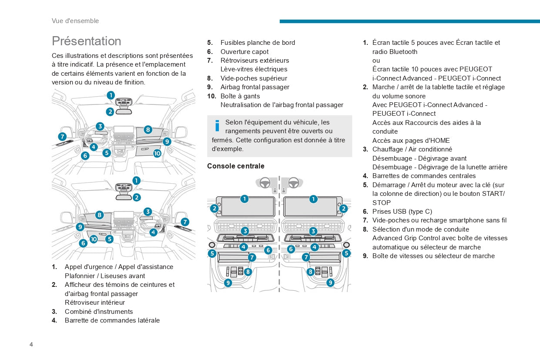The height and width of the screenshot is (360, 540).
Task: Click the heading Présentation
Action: [x=86, y=41]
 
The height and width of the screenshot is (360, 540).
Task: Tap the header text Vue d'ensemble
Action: [x=75, y=21]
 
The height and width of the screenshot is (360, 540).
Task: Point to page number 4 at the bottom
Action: [x=31, y=345]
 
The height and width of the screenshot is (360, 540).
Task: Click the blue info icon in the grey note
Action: [x=217, y=126]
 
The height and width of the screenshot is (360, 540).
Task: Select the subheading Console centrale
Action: [x=235, y=166]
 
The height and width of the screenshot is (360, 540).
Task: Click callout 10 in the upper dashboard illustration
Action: [x=157, y=153]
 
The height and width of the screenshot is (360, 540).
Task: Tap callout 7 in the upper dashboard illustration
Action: [x=62, y=136]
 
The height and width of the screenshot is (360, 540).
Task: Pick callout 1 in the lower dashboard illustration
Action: [x=136, y=180]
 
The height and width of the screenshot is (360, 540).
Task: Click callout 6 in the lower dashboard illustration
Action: [x=83, y=243]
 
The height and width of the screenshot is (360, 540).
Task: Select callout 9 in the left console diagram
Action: [x=228, y=283]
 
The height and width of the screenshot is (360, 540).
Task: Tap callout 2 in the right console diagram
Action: [x=343, y=209]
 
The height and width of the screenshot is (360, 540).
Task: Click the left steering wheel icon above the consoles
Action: [x=265, y=183]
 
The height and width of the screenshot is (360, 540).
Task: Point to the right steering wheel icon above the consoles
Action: [x=293, y=183]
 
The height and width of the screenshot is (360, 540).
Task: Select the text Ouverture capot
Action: [x=244, y=51]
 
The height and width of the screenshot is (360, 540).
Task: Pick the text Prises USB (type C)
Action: [x=402, y=212]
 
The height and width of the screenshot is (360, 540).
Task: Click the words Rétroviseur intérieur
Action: [x=94, y=303]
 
